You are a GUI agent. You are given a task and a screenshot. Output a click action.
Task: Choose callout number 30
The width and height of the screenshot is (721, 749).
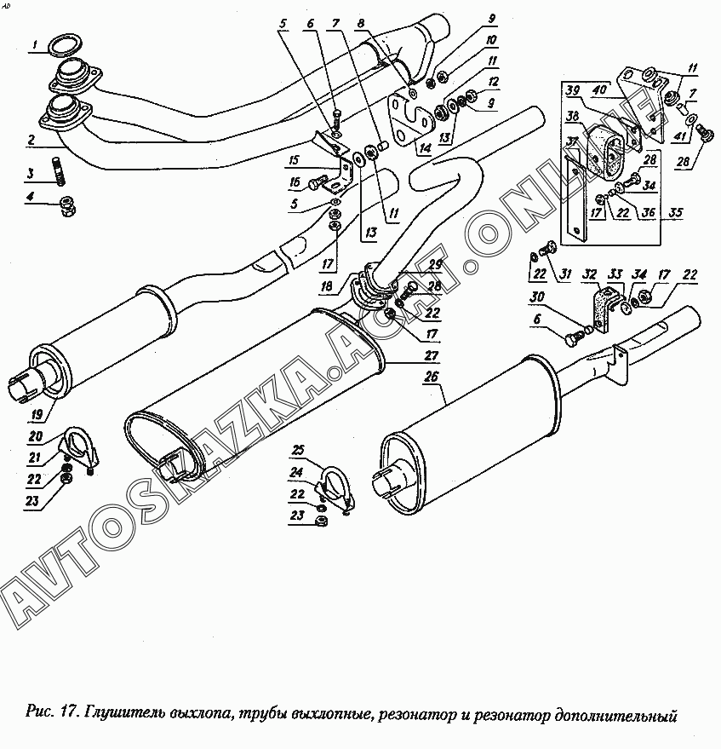click(x=537, y=297)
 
